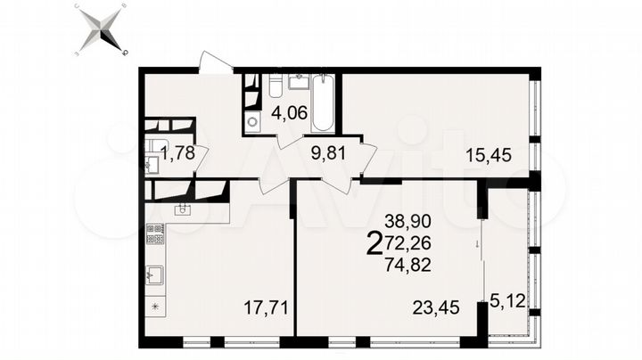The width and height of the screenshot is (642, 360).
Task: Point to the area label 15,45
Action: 488,155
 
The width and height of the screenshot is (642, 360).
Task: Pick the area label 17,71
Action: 266,309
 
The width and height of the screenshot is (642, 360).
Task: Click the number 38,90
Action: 404,219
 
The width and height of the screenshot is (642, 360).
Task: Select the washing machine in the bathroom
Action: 252,123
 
